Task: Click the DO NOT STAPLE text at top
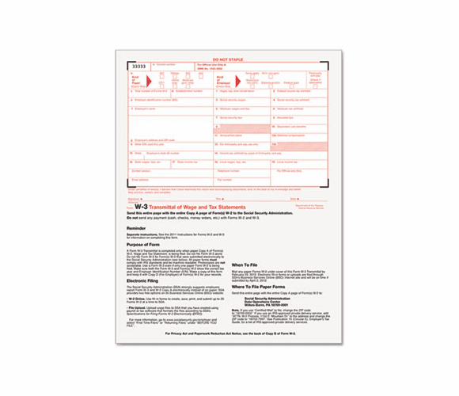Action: (229, 59)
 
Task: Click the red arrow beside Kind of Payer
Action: (151, 81)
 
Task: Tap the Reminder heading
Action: (135, 228)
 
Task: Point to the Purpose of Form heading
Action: (143, 245)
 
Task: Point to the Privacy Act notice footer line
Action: (229, 334)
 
